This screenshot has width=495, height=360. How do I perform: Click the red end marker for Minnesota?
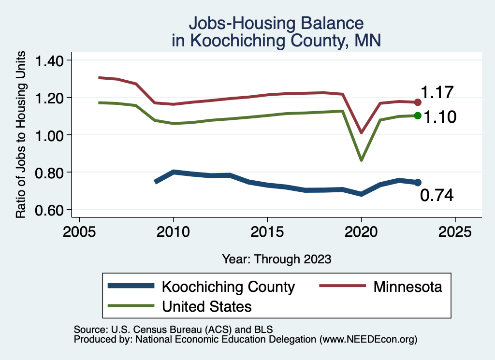tap(418, 102)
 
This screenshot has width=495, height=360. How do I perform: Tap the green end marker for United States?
tap(418, 115)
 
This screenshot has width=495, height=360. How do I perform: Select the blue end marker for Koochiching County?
tap(418, 182)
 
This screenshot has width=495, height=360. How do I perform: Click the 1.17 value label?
tap(437, 92)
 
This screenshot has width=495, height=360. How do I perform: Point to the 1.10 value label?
tap(440, 117)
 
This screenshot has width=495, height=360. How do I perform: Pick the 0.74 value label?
tap(437, 195)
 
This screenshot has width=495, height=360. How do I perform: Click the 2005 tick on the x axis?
tap(79, 231)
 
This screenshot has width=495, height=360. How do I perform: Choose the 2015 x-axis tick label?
tap(267, 231)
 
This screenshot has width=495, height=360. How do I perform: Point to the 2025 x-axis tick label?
tap(455, 231)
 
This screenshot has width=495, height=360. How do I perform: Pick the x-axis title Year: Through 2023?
tap(277, 259)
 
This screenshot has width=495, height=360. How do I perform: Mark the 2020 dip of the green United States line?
tap(361, 159)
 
